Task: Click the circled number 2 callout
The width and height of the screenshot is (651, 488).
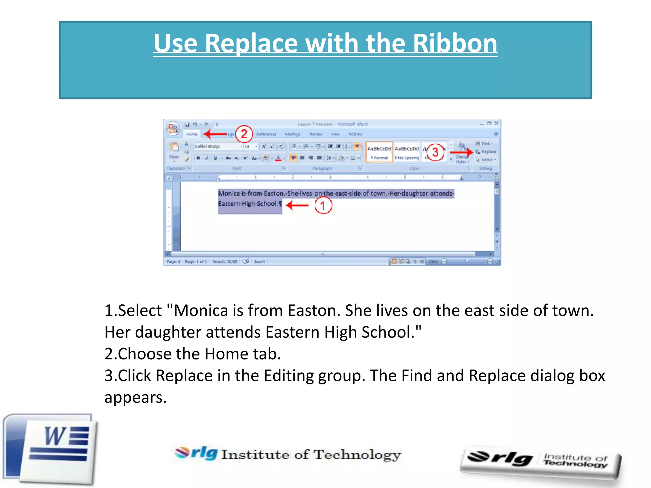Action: click(244, 134)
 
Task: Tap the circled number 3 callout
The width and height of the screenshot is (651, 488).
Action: click(435, 152)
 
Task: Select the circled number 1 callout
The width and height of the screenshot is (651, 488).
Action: click(323, 206)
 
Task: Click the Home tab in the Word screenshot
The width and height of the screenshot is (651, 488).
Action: click(191, 134)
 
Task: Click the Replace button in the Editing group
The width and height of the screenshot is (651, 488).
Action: click(486, 152)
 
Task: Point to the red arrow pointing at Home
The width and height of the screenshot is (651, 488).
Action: click(216, 134)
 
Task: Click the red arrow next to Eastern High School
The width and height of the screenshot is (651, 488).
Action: click(297, 205)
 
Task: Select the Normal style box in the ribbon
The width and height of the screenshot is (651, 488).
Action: click(379, 152)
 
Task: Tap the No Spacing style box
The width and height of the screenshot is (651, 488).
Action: click(407, 152)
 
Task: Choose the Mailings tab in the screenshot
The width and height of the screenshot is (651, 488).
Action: click(292, 134)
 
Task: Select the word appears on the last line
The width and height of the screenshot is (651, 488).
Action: click(135, 397)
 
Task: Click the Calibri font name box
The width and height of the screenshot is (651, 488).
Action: click(216, 146)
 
